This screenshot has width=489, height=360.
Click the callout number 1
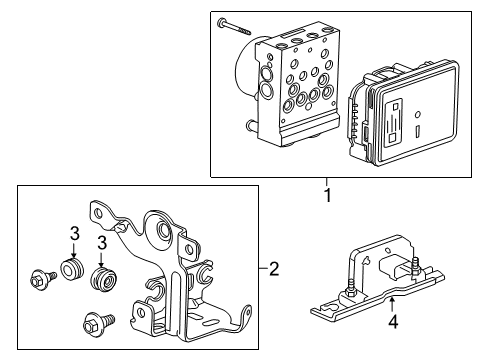coord(328,195)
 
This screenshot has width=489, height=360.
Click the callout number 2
coord(273,268)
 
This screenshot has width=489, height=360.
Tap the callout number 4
coord(393,322)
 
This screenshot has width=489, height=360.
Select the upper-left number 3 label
coord(75,234)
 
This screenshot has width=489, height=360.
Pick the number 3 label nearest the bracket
coord(102,243)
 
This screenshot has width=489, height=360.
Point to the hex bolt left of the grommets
coord(43,279)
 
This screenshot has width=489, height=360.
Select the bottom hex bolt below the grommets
coord(98,322)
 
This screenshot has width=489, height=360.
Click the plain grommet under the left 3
coord(72,268)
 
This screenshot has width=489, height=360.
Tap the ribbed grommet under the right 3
coord(104,277)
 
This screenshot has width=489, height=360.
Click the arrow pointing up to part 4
coord(392,306)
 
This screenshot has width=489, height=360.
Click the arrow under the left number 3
coord(74,250)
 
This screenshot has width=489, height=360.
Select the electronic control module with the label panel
coord(402,113)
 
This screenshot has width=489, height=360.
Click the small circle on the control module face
coord(417,114)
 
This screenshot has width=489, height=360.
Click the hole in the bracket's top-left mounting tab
coord(98,213)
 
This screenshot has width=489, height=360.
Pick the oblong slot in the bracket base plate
coord(210,323)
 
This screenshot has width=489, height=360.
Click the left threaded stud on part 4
coord(350,288)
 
